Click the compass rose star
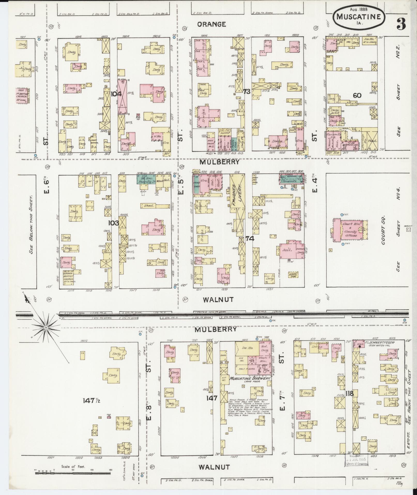(46, 328)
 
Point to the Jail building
(288, 250)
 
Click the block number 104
(116, 94)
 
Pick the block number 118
(349, 394)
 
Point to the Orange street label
(211, 24)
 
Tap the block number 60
(357, 95)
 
